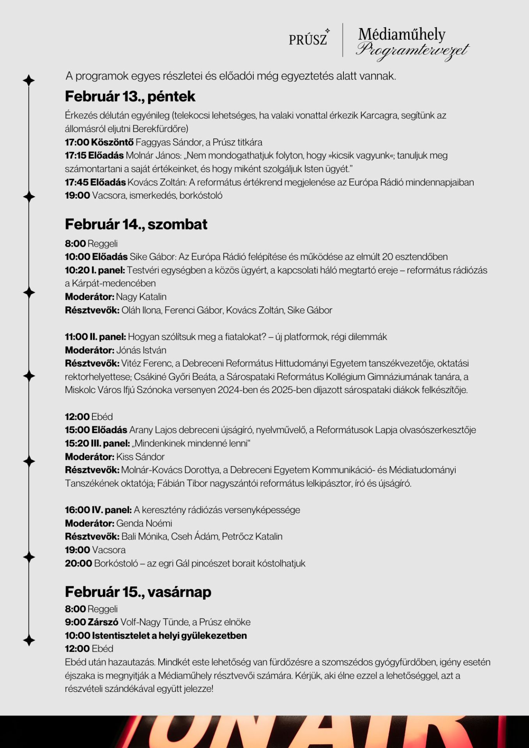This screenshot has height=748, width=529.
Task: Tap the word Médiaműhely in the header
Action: coord(402,34)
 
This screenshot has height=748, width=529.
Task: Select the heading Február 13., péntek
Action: coord(130,96)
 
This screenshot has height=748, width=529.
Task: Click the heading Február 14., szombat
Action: coord(136,224)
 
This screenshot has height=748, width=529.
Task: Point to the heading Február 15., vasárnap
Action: coord(138,592)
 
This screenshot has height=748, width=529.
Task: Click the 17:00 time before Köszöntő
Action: coord(77,142)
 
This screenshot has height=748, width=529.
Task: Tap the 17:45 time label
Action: coord(76,182)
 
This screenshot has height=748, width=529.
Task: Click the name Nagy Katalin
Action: coord(141,296)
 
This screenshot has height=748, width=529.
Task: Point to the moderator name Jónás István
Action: coord(141,350)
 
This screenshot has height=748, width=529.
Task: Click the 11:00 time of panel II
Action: coord(76,337)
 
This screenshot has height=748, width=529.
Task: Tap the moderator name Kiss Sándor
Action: coord(140,457)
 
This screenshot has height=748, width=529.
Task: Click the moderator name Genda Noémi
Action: coord(144,523)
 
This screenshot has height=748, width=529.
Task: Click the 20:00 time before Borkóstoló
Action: coord(78,563)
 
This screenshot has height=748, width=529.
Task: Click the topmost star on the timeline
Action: coord(29,80)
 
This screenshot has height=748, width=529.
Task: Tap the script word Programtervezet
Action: coord(412,51)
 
